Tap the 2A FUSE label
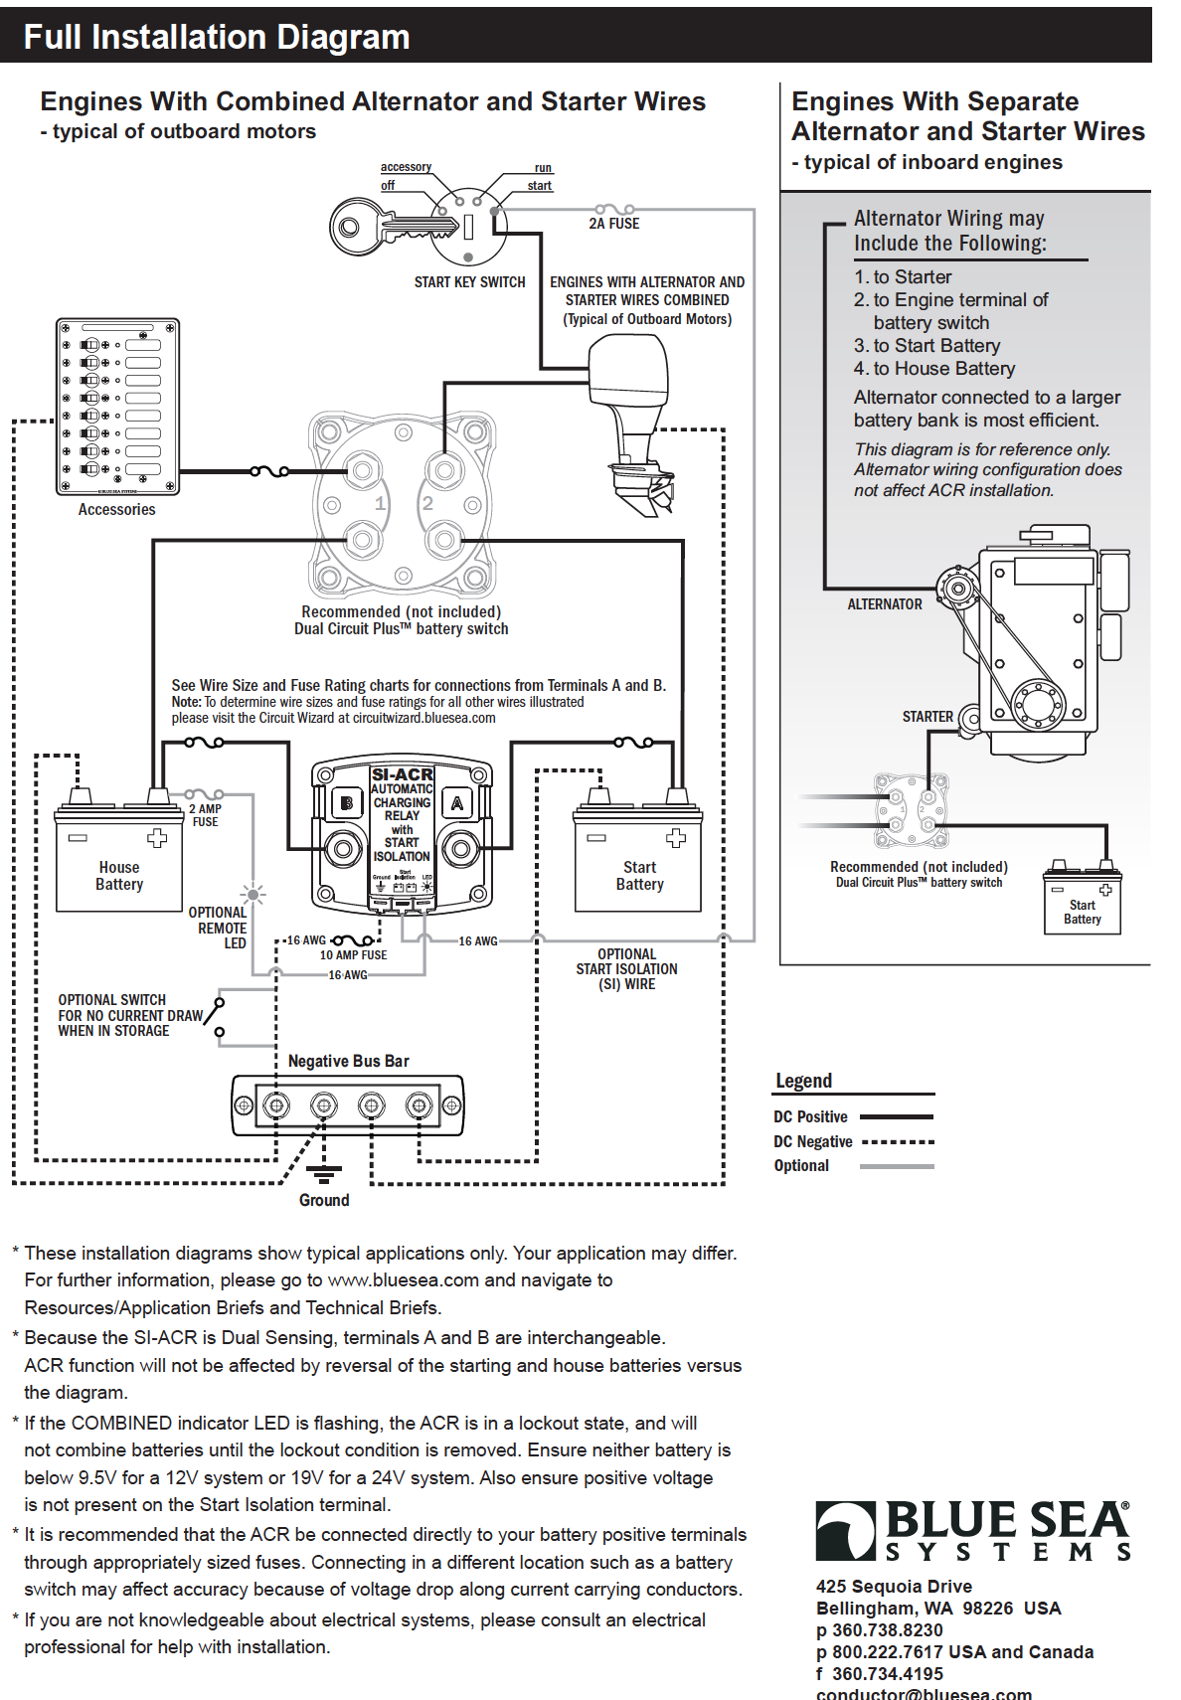(x=613, y=224)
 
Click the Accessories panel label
(x=116, y=509)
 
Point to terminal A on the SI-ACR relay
(x=458, y=802)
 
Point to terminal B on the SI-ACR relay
(x=346, y=802)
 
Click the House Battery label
(x=119, y=876)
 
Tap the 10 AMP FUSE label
(x=353, y=955)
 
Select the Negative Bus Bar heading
(x=348, y=1061)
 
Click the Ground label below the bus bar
(x=324, y=1200)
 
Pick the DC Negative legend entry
(x=813, y=1141)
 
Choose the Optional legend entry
(x=801, y=1165)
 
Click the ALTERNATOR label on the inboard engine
(x=885, y=604)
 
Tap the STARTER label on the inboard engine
(x=928, y=716)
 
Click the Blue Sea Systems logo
(x=972, y=1531)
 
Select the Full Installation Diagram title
(x=217, y=37)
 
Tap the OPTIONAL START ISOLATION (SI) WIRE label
(x=626, y=969)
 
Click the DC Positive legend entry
(x=810, y=1116)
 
